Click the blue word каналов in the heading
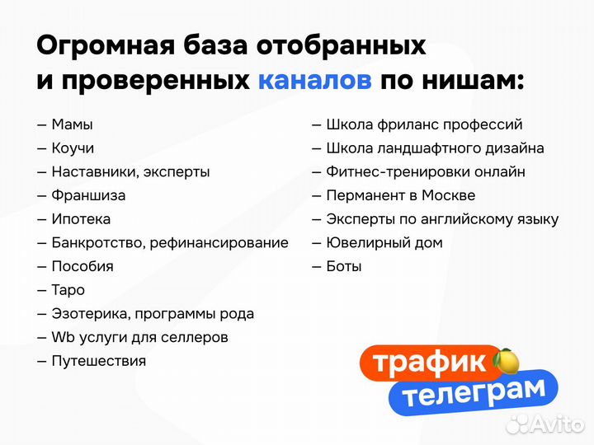pyautogui.click(x=314, y=81)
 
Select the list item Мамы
pyautogui.click(x=72, y=124)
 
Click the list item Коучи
pyautogui.click(x=73, y=148)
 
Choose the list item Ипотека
pyautogui.click(x=81, y=219)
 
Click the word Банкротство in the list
pyautogui.click(x=95, y=243)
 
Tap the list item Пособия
pyautogui.click(x=82, y=266)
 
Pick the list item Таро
pyautogui.click(x=68, y=290)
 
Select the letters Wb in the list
pyautogui.click(x=63, y=337)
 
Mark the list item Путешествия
pyautogui.click(x=98, y=361)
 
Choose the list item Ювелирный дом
pyautogui.click(x=384, y=242)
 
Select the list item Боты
pyautogui.click(x=344, y=266)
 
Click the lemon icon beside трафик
pyautogui.click(x=506, y=361)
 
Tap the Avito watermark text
pyautogui.click(x=555, y=424)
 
